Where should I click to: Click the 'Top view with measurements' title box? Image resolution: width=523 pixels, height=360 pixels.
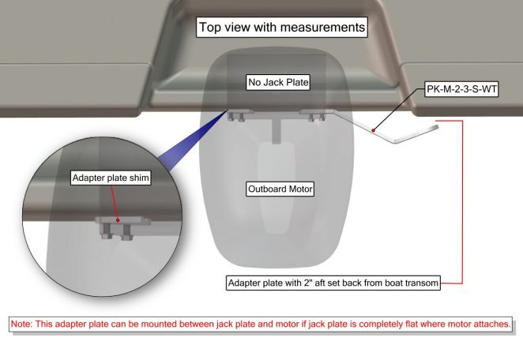point(282,27)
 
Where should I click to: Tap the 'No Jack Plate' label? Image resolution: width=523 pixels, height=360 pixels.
point(278,82)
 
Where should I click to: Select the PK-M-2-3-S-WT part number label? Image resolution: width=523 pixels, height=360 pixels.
point(461,89)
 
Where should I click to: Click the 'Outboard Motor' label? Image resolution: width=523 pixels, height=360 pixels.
point(280,189)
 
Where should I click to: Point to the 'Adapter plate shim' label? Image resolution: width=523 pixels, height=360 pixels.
point(111,178)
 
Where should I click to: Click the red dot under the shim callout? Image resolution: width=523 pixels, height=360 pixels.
point(118,220)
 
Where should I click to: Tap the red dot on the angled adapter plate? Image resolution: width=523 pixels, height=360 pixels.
point(374,130)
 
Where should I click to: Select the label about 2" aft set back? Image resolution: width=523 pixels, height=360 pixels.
point(333,283)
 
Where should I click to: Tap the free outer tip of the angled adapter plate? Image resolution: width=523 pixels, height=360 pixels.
point(436,126)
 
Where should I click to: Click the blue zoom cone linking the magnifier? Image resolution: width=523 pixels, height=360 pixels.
point(194,140)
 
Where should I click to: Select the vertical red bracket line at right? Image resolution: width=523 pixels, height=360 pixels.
point(462,202)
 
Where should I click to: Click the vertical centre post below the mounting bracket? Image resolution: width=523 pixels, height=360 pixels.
point(276,131)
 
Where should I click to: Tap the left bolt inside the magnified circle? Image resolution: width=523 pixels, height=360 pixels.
point(107,231)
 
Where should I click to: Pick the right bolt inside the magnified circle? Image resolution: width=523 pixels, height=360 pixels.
point(126,232)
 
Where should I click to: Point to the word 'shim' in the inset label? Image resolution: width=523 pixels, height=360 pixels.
point(140,178)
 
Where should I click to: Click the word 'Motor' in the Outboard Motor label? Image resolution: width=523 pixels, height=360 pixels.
point(300,189)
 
